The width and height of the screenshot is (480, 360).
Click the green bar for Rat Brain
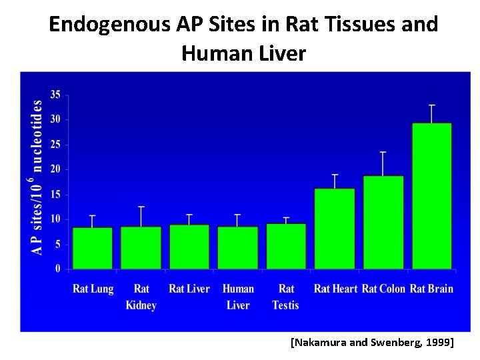432,196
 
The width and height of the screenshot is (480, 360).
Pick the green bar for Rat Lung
93,248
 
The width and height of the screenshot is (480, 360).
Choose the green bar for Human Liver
238,247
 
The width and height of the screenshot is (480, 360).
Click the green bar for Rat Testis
286,246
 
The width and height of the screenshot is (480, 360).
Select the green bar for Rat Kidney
141,247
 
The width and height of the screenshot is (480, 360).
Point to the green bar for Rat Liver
189,247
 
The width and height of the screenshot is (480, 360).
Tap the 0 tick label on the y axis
57,269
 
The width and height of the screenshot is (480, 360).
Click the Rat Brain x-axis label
431,289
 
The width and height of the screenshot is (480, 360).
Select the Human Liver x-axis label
238,297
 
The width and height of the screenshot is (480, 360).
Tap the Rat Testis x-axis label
286,297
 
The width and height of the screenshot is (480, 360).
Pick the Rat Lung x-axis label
93,289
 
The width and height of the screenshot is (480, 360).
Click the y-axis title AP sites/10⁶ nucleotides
38,177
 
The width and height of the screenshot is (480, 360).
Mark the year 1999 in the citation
435,343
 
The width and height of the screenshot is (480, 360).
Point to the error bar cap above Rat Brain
432,105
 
